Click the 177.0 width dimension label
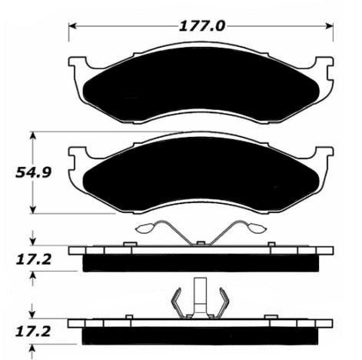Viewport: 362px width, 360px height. click(202, 26)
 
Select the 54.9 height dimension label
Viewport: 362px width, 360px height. click(33, 172)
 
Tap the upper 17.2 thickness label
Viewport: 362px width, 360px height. click(33, 260)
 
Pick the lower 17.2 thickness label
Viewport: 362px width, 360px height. click(32, 332)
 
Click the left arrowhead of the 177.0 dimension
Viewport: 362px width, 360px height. click(73, 26)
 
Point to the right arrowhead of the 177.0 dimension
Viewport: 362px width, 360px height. click(330, 26)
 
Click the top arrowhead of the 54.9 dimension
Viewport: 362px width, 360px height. click(32, 136)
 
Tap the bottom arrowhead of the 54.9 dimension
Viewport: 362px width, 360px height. click(32, 209)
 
